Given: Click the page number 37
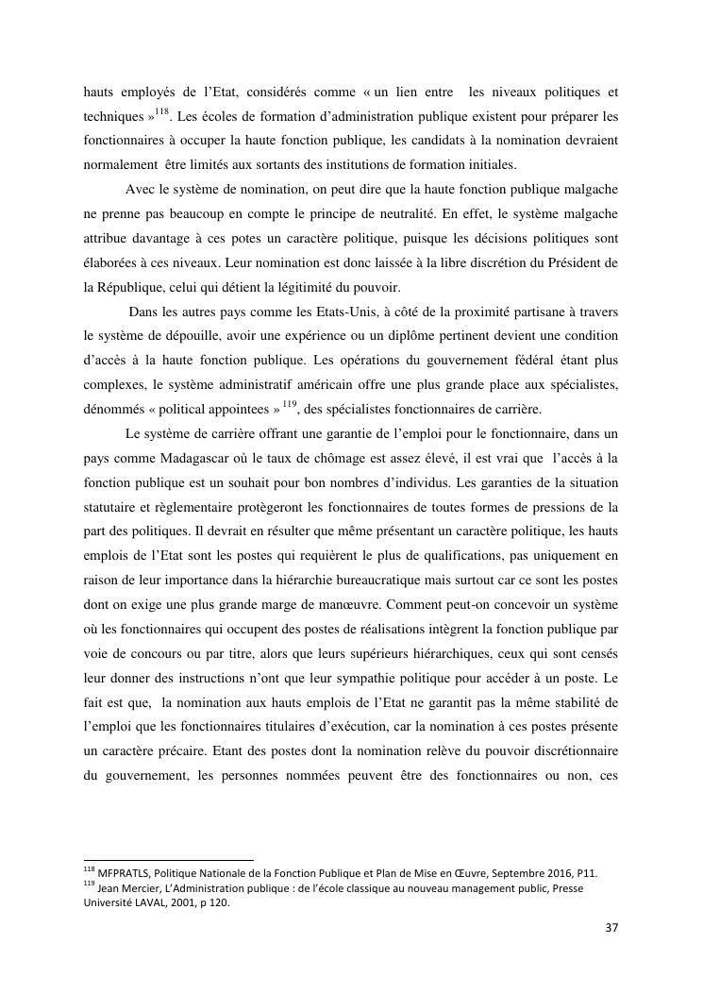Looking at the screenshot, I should [611, 927].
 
